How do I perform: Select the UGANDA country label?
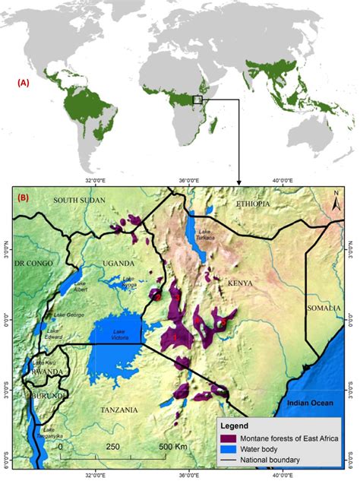(x=118, y=264)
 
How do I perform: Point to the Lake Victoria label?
(x=118, y=335)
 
